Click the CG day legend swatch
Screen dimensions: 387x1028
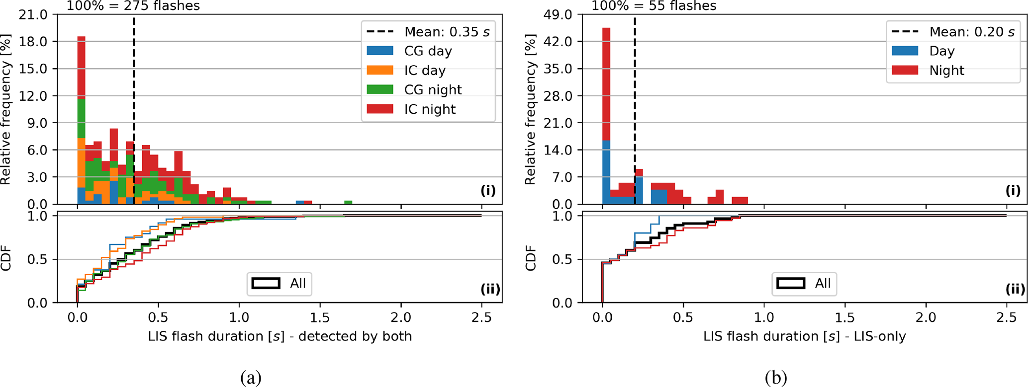(380, 51)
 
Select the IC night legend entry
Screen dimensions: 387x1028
(429, 109)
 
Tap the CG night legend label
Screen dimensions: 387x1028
(433, 90)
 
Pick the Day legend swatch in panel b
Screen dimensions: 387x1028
(905, 51)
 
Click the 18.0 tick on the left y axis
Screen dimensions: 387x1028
(33, 41)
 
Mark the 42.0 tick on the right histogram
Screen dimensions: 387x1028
(558, 41)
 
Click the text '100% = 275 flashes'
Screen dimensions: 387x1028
(133, 6)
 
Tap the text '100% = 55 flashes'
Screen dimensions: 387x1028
(654, 6)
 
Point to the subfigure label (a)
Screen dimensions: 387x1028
(251, 378)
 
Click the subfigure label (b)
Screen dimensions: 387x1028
(776, 378)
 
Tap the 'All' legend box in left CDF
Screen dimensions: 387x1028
(280, 283)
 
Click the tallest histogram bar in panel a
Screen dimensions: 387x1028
(82, 119)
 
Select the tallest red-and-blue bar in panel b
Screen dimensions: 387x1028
(606, 114)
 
